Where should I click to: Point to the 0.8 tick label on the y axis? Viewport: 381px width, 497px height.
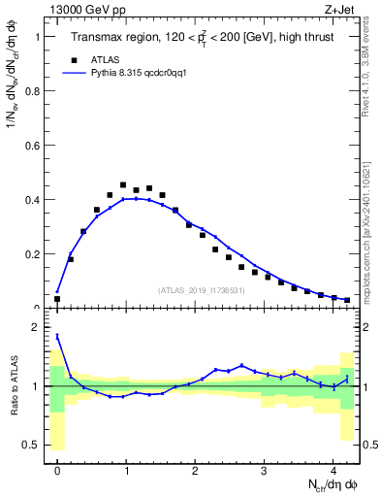pos(33,91)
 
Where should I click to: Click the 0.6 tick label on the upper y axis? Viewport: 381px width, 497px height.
pos(33,146)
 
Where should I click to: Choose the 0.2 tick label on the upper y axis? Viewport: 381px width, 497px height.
pos(33,254)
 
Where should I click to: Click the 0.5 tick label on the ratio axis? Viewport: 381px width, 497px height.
pos(33,445)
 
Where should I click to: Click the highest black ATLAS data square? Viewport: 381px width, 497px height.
pos(123,184)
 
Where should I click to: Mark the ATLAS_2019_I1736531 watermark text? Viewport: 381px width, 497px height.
pos(201,290)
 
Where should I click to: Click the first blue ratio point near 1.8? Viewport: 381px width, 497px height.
pos(57,337)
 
